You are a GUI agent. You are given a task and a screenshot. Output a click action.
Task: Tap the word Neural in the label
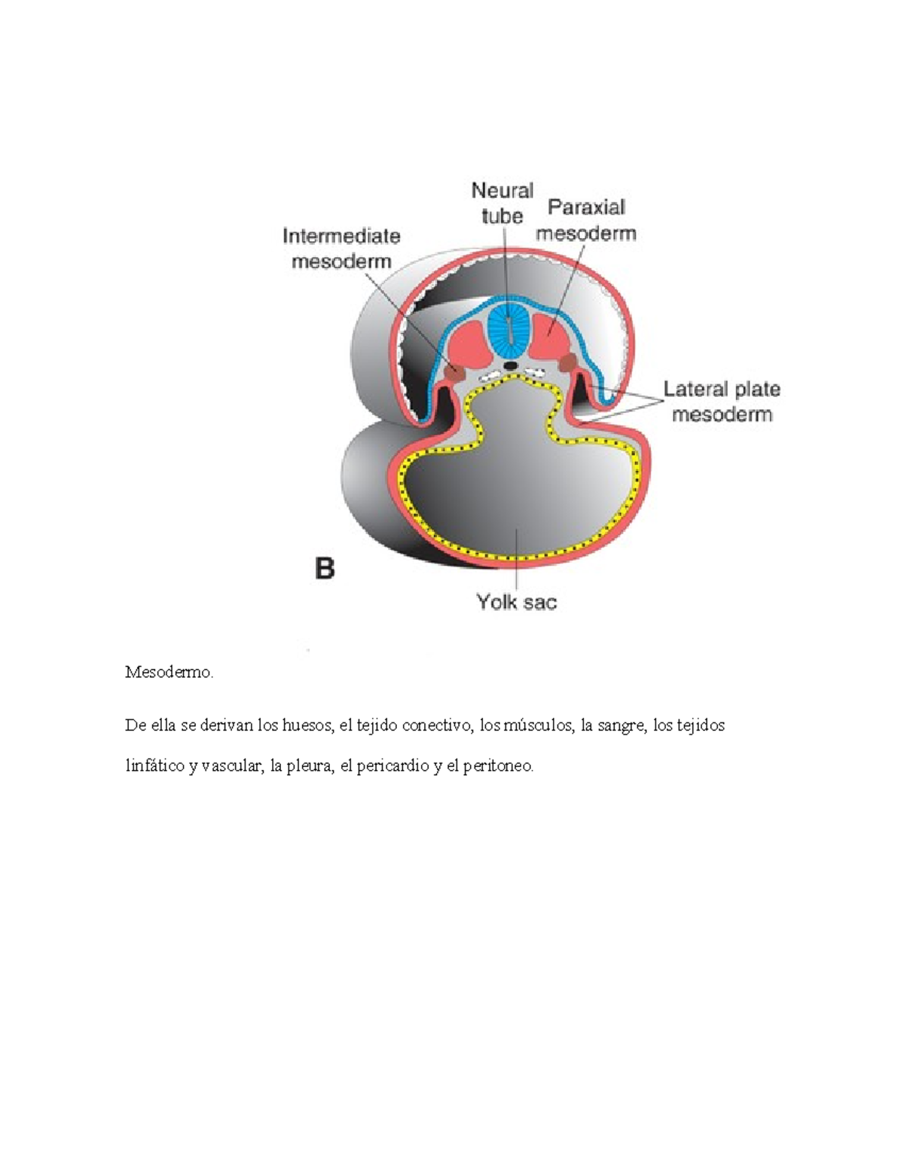[502, 191]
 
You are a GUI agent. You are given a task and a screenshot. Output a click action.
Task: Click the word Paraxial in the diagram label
[586, 207]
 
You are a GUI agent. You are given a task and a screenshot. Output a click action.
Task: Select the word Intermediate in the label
[341, 237]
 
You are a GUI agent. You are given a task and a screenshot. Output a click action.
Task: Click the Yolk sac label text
[516, 602]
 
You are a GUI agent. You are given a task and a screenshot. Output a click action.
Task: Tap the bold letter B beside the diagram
[325, 567]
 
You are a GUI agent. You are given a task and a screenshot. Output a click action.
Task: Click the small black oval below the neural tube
[511, 365]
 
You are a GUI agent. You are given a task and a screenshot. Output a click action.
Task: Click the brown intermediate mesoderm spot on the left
[454, 371]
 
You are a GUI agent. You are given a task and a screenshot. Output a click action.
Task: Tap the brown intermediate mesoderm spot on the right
[568, 364]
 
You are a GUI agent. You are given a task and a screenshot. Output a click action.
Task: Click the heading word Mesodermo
[169, 672]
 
